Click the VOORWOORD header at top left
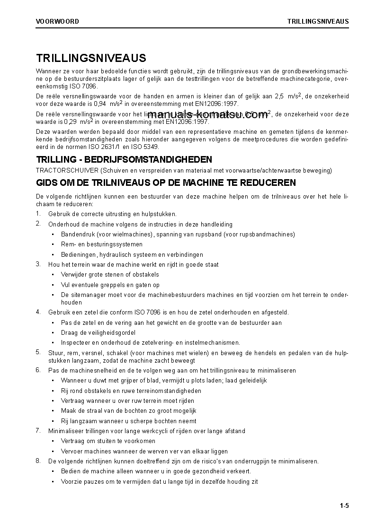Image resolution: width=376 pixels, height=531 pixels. pos(57,21)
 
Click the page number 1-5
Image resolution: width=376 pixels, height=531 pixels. pos(344,506)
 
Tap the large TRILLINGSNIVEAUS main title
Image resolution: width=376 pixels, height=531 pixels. pos(91,58)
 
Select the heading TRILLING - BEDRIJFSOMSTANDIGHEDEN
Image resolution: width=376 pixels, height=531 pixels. pos(124,159)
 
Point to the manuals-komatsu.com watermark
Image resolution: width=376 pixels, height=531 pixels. pos(208,116)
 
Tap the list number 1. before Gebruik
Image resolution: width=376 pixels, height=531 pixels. pos(38,214)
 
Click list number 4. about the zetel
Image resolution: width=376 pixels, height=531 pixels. pos(38,312)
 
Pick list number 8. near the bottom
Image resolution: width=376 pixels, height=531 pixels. pos(38,461)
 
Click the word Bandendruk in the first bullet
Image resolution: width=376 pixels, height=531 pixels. pos(78,234)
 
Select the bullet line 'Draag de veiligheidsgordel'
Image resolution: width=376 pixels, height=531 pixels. pos(98,333)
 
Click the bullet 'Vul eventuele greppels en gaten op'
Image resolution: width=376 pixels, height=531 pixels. pos(110,285)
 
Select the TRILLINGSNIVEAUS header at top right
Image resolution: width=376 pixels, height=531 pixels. pos(318,21)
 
